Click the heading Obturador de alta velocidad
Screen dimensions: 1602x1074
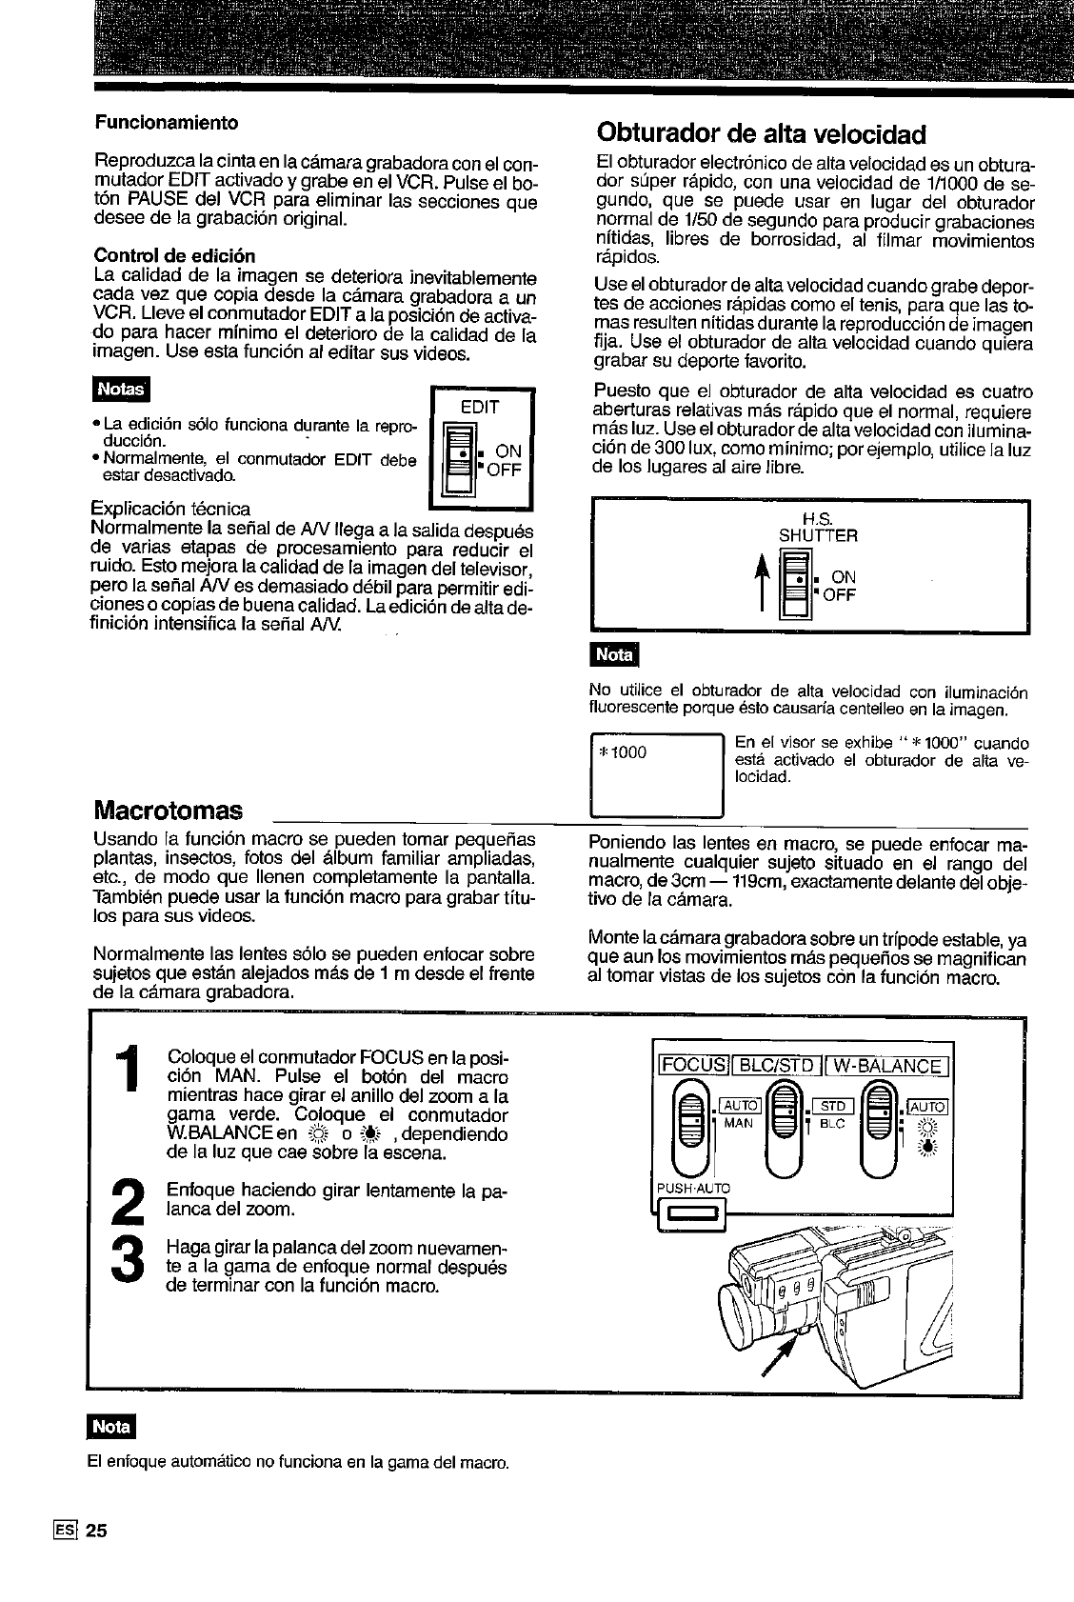click(x=760, y=131)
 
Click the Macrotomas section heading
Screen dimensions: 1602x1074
click(x=169, y=811)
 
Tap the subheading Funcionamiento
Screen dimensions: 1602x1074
click(x=165, y=123)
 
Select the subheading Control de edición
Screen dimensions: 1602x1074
click(x=173, y=256)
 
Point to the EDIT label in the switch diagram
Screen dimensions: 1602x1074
click(x=480, y=407)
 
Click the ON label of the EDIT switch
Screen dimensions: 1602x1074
click(x=509, y=451)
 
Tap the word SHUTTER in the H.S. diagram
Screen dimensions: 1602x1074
click(x=818, y=536)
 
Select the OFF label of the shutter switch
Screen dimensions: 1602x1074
click(x=839, y=595)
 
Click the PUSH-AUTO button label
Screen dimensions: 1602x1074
click(x=692, y=1188)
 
